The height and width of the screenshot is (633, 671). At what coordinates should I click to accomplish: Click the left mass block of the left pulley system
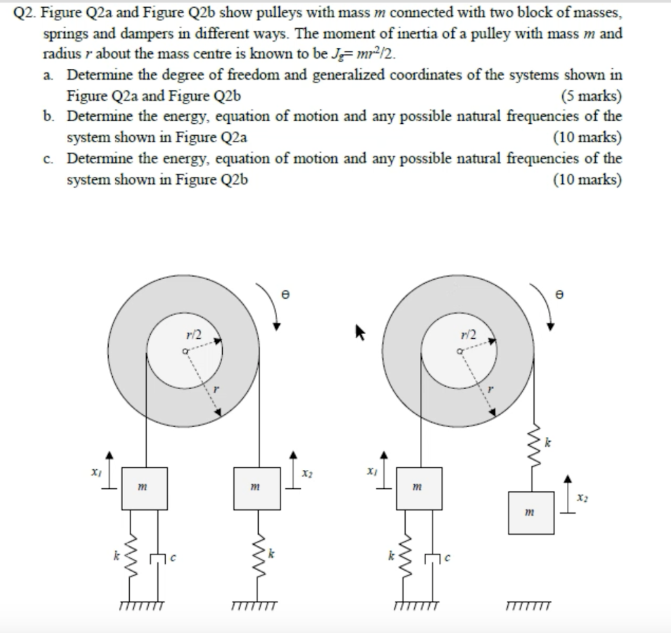coord(144,488)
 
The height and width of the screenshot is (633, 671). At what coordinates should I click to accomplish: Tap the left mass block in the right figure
coord(419,488)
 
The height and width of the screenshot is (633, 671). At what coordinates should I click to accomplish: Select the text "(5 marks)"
coord(592,96)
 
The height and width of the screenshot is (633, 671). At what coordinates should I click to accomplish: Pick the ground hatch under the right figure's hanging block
coord(529,605)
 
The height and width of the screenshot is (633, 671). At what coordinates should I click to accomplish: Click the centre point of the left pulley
coord(185,352)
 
